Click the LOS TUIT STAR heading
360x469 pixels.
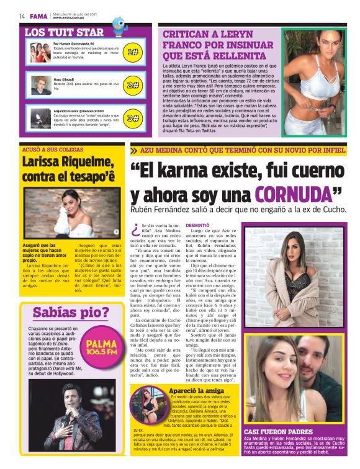coord(64,32)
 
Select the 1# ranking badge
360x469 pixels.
coord(133,53)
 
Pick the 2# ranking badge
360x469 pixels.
coord(133,85)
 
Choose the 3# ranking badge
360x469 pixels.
coord(133,118)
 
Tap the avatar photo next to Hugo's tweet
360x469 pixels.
coord(41,85)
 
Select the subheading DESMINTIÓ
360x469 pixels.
coord(198,225)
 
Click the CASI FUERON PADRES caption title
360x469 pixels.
coord(277,431)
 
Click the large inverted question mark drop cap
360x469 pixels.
coord(135,231)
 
